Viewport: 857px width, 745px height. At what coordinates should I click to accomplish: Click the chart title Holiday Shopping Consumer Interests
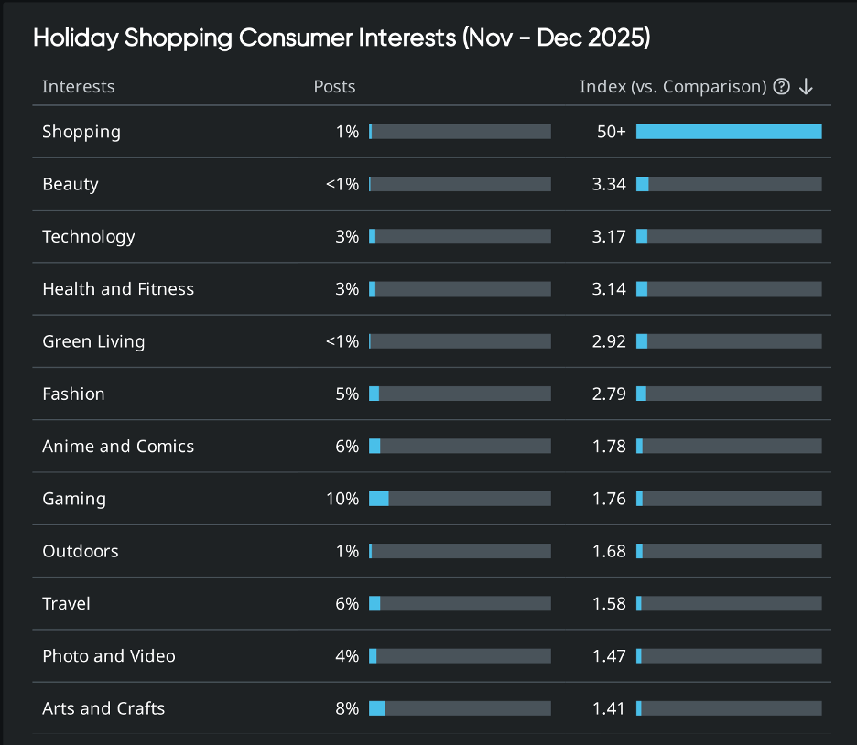[x=342, y=38]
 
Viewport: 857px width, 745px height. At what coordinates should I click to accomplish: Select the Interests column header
[x=78, y=87]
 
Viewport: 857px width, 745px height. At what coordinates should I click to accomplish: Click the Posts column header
[x=334, y=87]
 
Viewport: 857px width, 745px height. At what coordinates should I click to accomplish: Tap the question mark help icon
[x=781, y=87]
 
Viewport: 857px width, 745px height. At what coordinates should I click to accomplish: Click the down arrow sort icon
[x=806, y=87]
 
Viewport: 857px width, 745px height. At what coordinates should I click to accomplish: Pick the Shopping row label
[x=81, y=132]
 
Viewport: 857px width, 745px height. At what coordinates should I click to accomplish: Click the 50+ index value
[x=611, y=132]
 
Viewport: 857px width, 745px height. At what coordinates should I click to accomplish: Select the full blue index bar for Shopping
[x=729, y=132]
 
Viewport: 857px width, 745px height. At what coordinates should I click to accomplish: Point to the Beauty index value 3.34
[x=609, y=184]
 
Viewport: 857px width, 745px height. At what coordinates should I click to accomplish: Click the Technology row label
[x=89, y=236]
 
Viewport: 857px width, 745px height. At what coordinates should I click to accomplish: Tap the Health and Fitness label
[x=118, y=289]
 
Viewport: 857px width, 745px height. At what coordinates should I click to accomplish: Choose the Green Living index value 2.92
[x=609, y=341]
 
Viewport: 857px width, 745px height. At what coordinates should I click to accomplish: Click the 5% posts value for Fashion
[x=347, y=394]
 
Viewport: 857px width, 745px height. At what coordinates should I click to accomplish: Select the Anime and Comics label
[x=118, y=447]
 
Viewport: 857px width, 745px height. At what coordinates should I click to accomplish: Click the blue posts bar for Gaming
[x=378, y=499]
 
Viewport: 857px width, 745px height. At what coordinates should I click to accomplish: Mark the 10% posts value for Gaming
[x=342, y=499]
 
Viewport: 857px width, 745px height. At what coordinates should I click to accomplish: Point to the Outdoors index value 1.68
[x=609, y=551]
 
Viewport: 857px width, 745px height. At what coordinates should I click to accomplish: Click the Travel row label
[x=66, y=604]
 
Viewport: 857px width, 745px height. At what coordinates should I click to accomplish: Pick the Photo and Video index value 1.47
[x=609, y=656]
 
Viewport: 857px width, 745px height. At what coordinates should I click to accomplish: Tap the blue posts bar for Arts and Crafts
[x=376, y=708]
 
